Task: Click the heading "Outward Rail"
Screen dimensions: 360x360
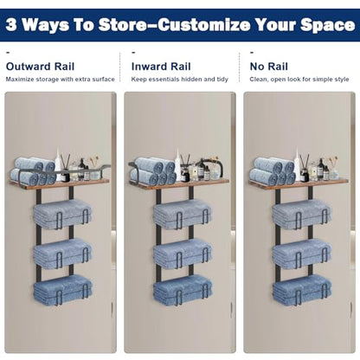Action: [40, 67]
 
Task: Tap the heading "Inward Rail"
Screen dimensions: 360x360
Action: [161, 67]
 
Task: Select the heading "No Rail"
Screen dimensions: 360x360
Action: [269, 67]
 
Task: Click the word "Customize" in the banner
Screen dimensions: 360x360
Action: [204, 25]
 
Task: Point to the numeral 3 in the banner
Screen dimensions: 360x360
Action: [11, 25]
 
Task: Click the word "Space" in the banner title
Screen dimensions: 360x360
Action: [327, 25]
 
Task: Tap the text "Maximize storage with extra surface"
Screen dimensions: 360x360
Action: [61, 80]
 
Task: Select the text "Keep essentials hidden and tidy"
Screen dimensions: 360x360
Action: [180, 80]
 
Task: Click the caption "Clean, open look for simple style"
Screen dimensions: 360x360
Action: [299, 80]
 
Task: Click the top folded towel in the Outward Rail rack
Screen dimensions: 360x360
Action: [62, 214]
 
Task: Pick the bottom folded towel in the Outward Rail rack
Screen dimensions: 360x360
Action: [62, 290]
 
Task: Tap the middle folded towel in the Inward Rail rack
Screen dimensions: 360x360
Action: [183, 253]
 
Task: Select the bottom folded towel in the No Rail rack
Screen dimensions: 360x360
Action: [302, 290]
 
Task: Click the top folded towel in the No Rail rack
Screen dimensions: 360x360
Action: [302, 214]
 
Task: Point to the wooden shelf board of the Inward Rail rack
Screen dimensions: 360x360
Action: [179, 184]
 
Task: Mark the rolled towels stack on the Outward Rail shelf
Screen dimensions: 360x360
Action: [34, 170]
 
